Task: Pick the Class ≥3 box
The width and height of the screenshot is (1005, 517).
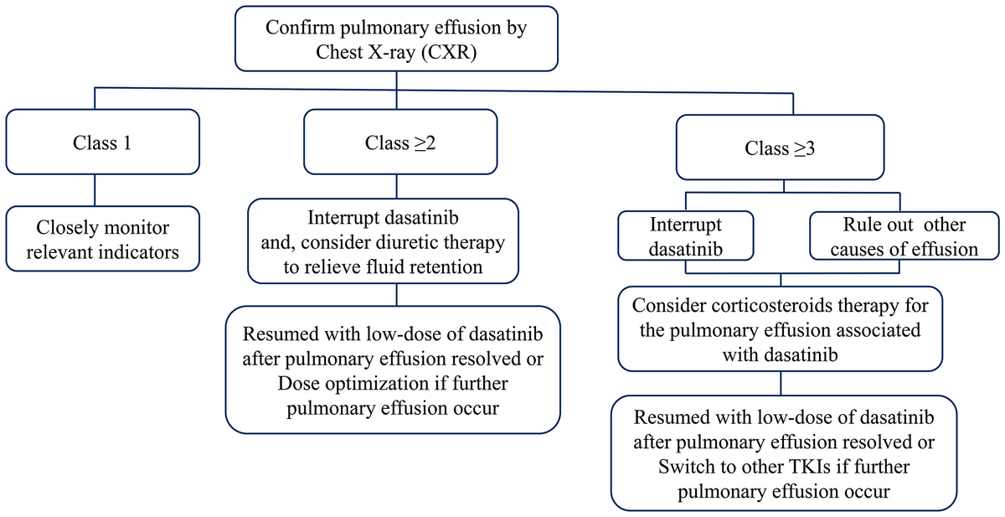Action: click(781, 149)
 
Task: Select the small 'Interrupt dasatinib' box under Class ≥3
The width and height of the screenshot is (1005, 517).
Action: click(685, 237)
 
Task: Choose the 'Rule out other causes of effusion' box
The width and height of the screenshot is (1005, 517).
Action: click(904, 237)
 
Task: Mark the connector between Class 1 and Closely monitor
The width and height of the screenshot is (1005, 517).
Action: click(94, 189)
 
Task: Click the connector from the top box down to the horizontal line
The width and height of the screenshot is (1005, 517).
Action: click(394, 79)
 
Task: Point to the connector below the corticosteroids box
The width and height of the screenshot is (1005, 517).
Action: click(781, 383)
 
